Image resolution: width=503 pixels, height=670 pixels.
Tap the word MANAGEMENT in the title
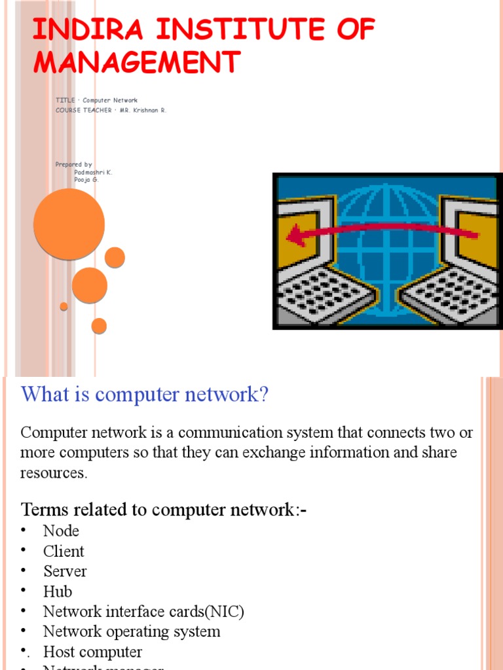click(x=136, y=62)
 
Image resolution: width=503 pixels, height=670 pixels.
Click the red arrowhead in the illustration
click(x=297, y=236)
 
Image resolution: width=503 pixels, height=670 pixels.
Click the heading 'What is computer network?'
click(x=145, y=395)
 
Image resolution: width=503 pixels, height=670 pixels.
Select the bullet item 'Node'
click(x=61, y=531)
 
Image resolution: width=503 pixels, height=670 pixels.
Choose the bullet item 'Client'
click(x=64, y=551)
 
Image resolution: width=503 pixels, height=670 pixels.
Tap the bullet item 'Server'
click(x=65, y=571)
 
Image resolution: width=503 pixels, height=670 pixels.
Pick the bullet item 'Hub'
click(x=58, y=591)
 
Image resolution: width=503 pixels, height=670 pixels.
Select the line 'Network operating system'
click(x=132, y=632)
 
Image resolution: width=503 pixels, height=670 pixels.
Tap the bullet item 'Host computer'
click(x=92, y=652)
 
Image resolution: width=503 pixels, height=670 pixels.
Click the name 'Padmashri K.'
click(x=93, y=172)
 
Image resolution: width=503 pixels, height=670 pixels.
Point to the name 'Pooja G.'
click(x=86, y=179)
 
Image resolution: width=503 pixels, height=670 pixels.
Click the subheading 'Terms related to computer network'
click(x=164, y=510)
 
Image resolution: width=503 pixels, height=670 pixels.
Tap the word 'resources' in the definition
click(x=53, y=473)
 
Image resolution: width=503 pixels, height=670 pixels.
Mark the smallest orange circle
click(x=64, y=306)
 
